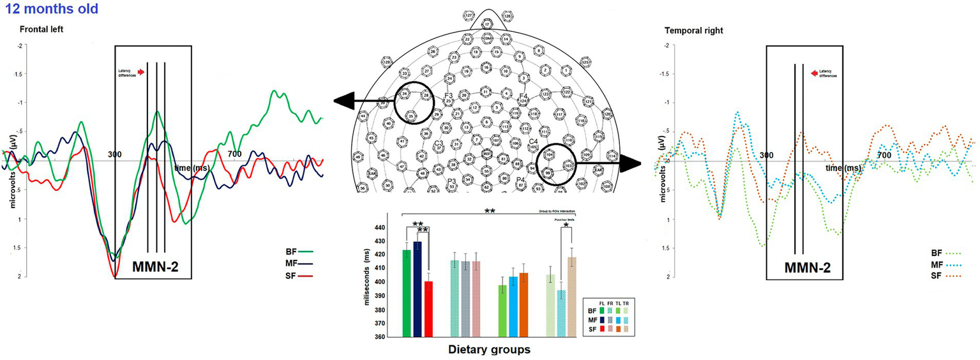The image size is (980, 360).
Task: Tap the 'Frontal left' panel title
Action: (41, 30)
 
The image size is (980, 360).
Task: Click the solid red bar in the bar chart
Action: (429, 309)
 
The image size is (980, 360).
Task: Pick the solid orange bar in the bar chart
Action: (524, 304)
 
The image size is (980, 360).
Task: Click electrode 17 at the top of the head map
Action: (487, 24)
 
